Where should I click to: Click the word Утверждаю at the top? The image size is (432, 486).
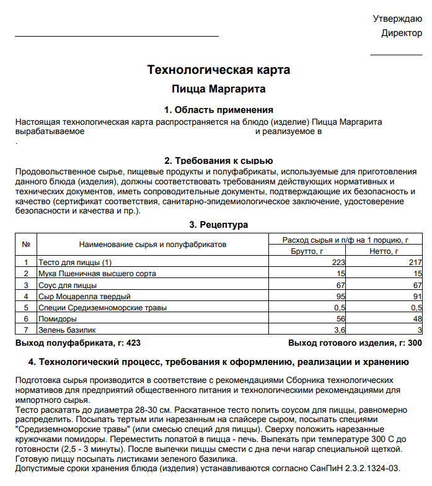(397, 19)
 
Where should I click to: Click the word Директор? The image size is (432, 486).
(402, 33)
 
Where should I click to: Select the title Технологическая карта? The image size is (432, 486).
(219, 69)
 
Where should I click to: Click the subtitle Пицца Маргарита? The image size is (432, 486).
(219, 89)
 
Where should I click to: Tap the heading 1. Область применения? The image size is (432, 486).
(219, 110)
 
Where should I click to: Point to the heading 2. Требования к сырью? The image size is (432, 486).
(219, 161)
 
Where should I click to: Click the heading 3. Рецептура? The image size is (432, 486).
(219, 224)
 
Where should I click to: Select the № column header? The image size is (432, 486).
(26, 245)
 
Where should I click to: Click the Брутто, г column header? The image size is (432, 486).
(307, 251)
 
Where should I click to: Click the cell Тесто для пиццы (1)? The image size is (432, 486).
(75, 263)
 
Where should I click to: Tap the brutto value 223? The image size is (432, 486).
(338, 263)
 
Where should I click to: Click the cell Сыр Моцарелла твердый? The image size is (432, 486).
(84, 297)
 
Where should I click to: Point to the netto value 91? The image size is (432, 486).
(417, 297)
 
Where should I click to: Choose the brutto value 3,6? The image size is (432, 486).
(340, 330)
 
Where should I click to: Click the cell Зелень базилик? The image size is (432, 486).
(67, 330)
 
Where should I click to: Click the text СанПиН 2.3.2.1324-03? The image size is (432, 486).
(362, 467)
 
